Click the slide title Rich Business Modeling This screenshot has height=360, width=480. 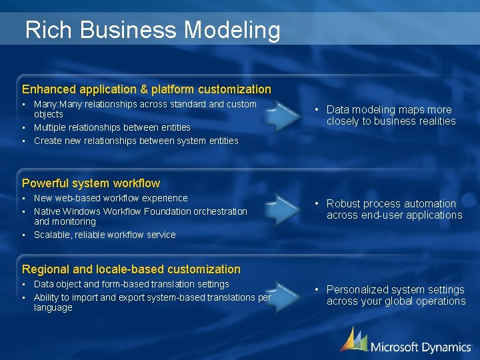[152, 30]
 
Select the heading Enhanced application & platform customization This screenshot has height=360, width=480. [147, 89]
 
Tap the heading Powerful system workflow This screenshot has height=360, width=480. [91, 183]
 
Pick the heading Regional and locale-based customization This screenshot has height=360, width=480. [131, 269]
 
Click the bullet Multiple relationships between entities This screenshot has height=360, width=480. [112, 127]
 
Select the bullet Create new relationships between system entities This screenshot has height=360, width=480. [136, 141]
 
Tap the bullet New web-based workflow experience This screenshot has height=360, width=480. [111, 198]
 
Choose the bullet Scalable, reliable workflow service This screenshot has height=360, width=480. [105, 235]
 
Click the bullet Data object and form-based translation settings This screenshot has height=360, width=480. [131, 284]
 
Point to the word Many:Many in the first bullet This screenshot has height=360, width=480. [55, 104]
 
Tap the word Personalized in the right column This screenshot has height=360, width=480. [357, 290]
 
